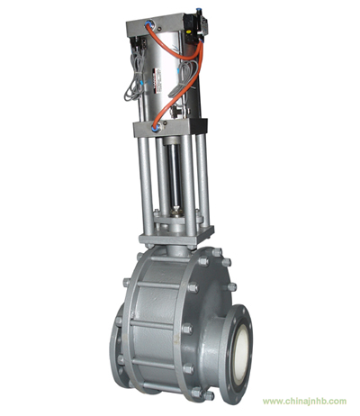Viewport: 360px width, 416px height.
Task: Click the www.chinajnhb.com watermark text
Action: pyautogui.click(x=304, y=401)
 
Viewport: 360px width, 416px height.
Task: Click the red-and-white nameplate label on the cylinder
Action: pyautogui.click(x=157, y=80)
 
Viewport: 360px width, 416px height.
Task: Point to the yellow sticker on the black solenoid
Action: pyautogui.click(x=189, y=32)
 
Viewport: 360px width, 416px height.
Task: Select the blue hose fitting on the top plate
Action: pyautogui.click(x=148, y=23)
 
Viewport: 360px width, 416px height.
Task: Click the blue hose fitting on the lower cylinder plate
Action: pyautogui.click(x=155, y=129)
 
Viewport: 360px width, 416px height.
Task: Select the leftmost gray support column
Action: pyautogui.click(x=146, y=186)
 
